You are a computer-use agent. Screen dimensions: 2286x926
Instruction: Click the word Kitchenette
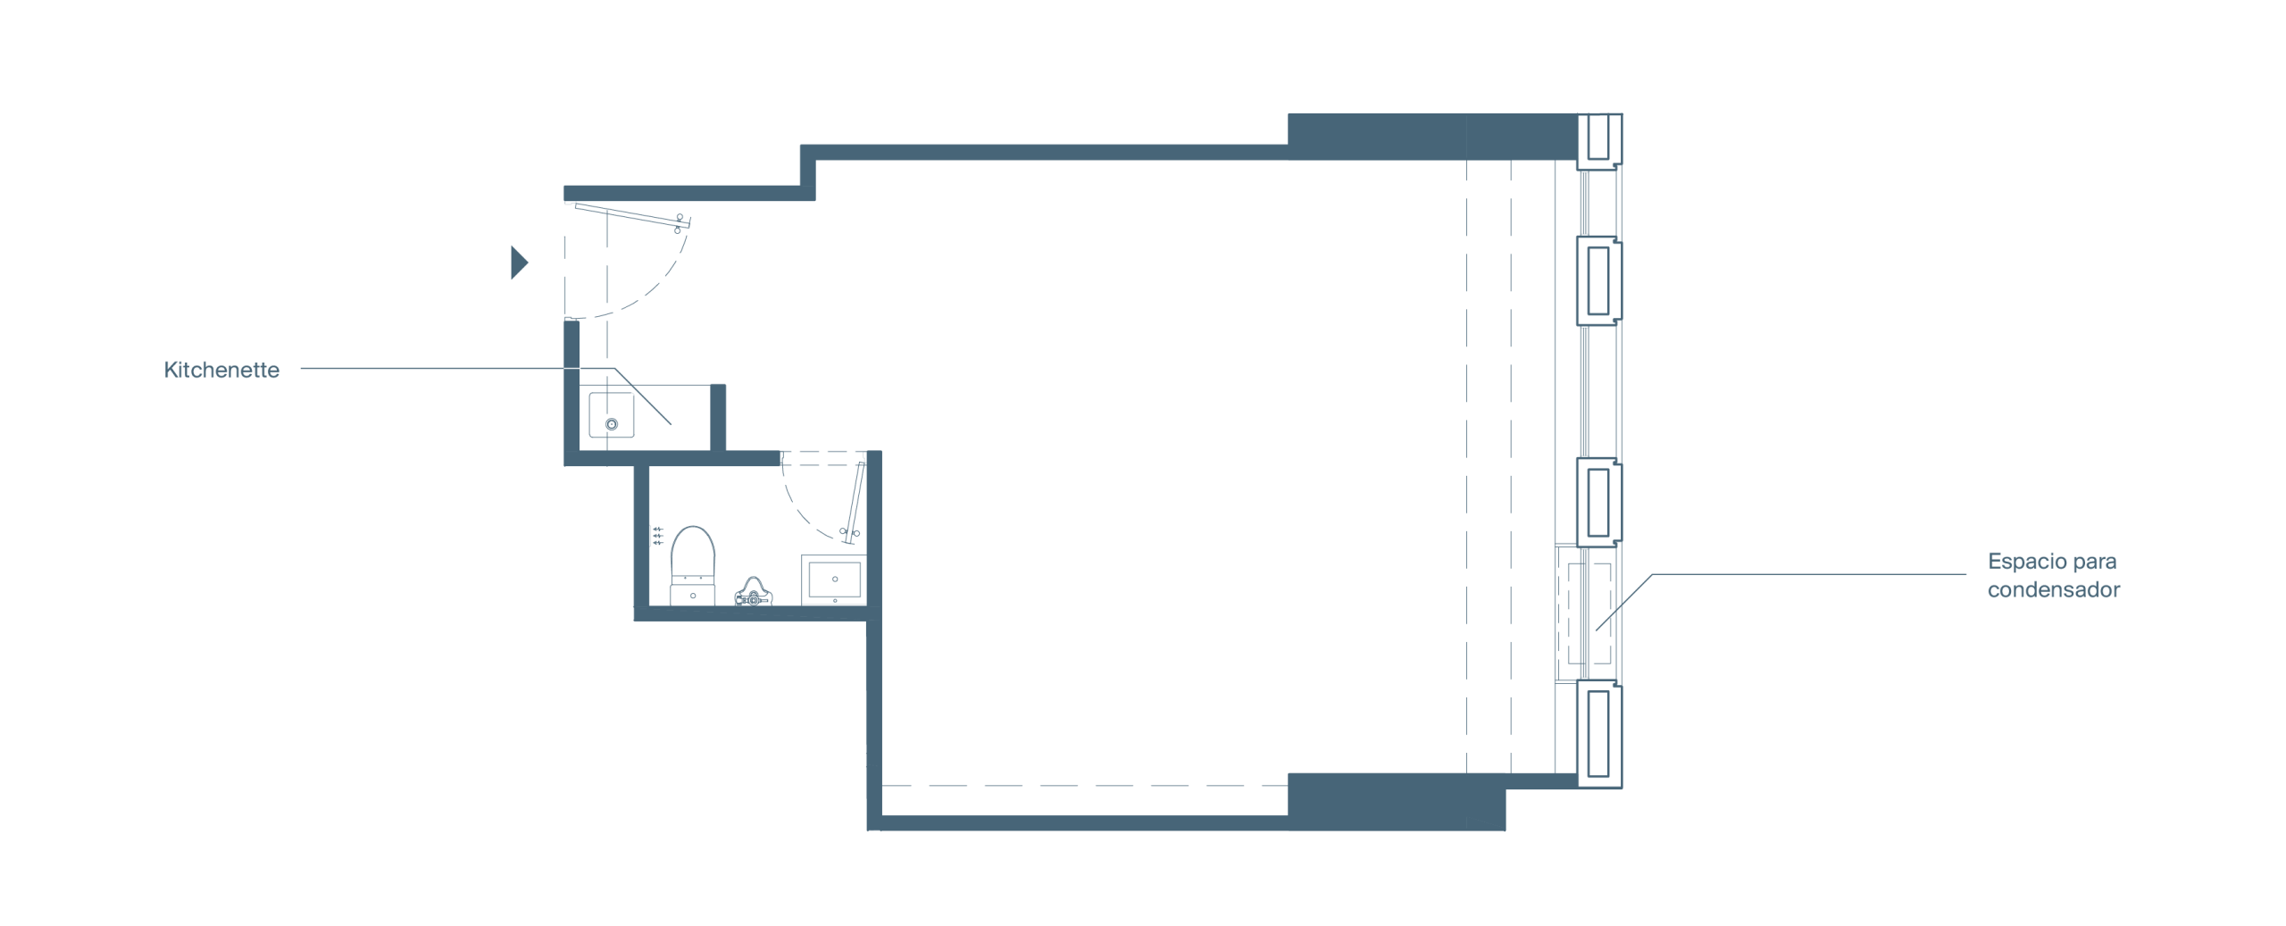[221, 370]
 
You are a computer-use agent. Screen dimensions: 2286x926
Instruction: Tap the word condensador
[2053, 589]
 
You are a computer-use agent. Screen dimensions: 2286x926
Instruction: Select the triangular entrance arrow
[519, 263]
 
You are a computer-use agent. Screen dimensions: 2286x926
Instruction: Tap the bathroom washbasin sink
[834, 580]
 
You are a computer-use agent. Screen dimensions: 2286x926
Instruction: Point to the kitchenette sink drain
[612, 424]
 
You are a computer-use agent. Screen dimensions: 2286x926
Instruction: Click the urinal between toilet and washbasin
[754, 592]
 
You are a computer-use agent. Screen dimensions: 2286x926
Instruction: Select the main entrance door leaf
[632, 215]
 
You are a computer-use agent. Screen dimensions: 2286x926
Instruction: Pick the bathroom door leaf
[855, 503]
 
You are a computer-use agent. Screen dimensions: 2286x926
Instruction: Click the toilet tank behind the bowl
[693, 592]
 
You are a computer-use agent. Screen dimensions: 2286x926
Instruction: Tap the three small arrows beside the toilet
[658, 536]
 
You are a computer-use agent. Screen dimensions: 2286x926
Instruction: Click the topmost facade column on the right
[1599, 141]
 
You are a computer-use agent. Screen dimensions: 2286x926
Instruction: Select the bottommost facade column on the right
[1599, 734]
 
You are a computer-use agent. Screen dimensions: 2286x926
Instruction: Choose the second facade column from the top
[1599, 280]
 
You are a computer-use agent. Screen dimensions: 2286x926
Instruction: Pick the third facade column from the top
[1599, 502]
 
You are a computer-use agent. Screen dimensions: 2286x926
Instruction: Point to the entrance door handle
[679, 223]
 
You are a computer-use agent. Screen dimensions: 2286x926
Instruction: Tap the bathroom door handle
[849, 533]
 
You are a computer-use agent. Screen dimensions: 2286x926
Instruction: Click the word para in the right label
[2094, 563]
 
